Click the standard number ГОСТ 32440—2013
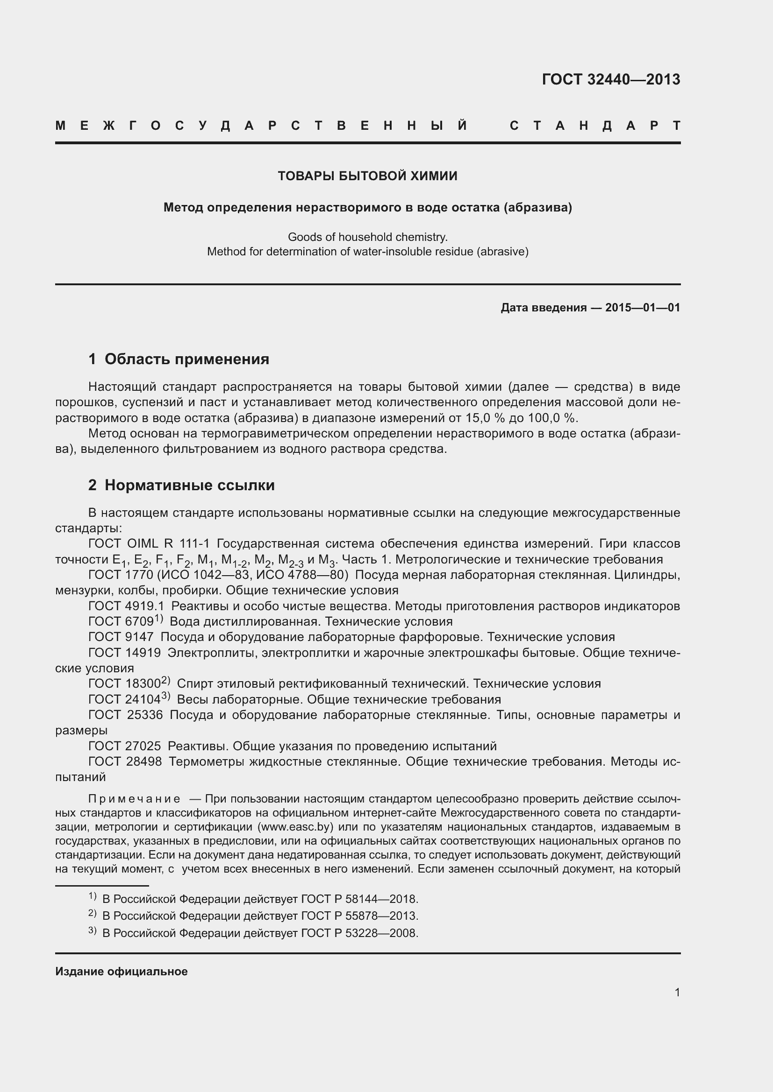611,79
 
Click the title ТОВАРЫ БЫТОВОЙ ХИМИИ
367,176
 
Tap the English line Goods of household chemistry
367,237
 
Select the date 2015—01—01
643,308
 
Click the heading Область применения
186,359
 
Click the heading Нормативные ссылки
189,485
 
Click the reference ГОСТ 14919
124,653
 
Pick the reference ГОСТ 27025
124,746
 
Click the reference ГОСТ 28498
125,762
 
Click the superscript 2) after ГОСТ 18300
165,681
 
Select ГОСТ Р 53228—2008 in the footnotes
359,933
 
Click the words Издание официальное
122,972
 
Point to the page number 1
677,993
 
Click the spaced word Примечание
134,799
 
